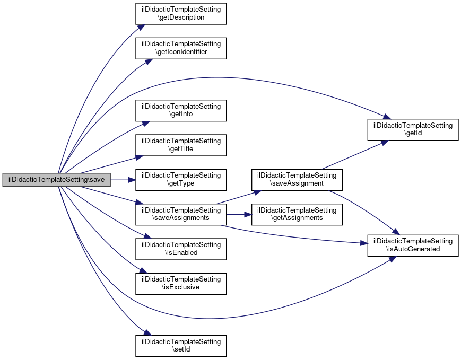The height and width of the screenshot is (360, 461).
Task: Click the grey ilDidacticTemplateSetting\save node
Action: coord(56,180)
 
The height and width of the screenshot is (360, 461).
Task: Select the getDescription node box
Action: coord(181,13)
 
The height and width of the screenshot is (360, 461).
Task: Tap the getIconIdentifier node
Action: coord(181,48)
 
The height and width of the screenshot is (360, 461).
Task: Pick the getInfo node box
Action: coord(181,110)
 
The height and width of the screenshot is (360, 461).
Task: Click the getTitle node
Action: coord(181,145)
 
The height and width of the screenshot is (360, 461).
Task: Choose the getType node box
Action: coord(181,180)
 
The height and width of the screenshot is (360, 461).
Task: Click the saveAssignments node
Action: coord(181,214)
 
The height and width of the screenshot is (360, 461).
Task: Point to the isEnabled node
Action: coord(181,249)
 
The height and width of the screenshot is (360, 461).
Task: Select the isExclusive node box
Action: coord(181,283)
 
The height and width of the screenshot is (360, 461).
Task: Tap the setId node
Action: coord(181,346)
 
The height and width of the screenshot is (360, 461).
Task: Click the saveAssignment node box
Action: coord(297,180)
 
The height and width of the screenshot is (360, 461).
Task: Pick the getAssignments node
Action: coord(297,214)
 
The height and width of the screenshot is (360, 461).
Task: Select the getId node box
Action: coord(413,129)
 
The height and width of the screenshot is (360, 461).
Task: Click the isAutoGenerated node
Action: coord(413,245)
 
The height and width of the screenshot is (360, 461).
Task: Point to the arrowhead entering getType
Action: coord(133,180)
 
